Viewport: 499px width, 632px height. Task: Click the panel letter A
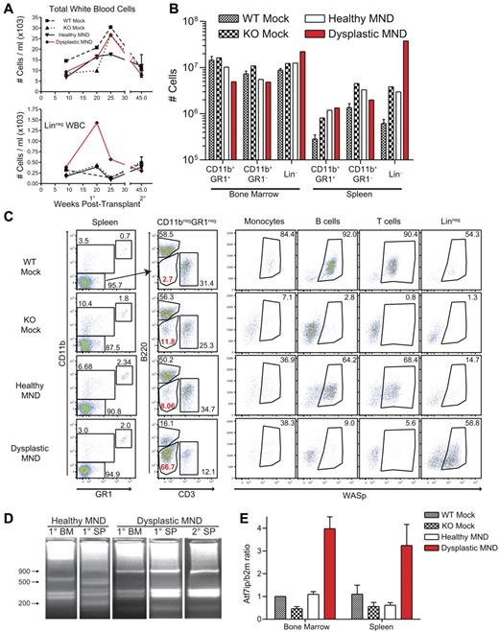7,9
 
